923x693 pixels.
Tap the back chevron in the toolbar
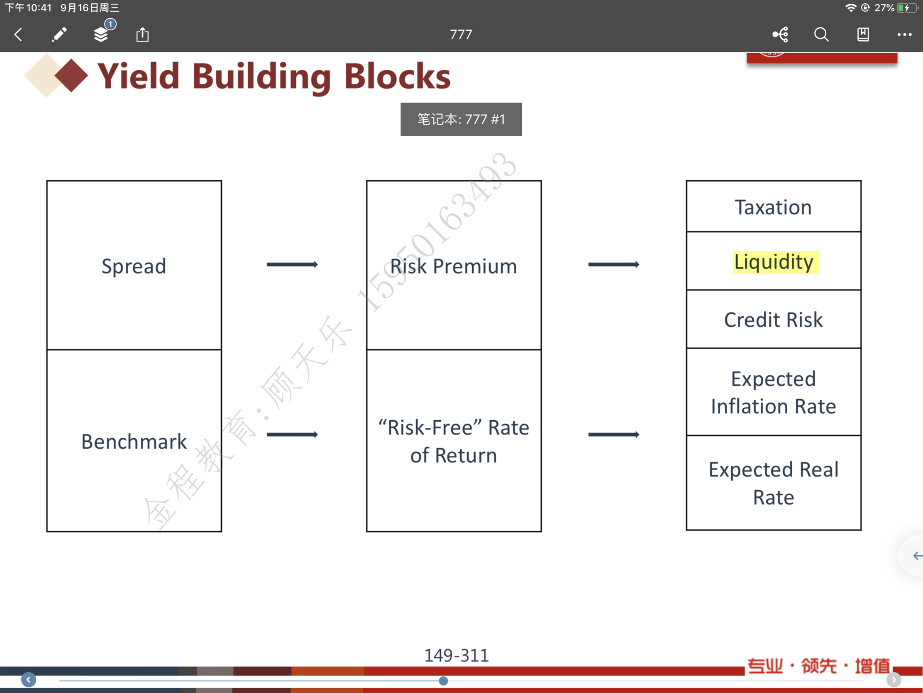click(18, 34)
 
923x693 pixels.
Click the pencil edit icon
click(59, 34)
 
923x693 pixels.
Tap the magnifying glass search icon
click(821, 34)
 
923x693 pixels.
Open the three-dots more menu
click(904, 34)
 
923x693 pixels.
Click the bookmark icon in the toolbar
click(863, 34)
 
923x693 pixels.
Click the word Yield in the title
click(139, 76)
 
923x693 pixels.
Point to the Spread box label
click(134, 266)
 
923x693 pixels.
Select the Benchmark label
click(134, 442)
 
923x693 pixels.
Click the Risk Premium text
click(454, 266)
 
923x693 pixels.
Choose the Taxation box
click(773, 206)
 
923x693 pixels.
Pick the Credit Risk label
click(773, 319)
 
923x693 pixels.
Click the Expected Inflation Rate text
click(773, 392)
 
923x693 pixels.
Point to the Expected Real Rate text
click(773, 483)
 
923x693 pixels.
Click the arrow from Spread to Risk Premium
click(292, 264)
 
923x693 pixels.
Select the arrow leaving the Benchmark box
click(292, 435)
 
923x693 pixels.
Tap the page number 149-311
click(457, 656)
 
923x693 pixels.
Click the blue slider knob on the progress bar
click(443, 681)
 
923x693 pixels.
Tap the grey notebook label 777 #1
click(461, 119)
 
